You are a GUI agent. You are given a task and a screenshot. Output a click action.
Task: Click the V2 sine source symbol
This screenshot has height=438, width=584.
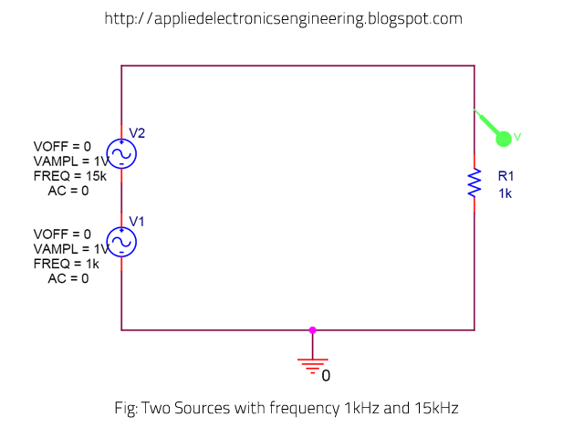[x=121, y=153]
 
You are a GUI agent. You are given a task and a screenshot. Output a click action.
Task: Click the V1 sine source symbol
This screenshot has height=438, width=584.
[x=121, y=242]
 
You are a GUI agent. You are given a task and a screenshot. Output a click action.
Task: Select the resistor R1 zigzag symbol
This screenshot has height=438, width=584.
[x=474, y=182]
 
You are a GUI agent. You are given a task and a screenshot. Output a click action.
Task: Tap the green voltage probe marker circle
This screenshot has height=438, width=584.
[x=503, y=138]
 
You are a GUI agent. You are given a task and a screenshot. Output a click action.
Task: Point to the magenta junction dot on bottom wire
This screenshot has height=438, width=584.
[x=312, y=329]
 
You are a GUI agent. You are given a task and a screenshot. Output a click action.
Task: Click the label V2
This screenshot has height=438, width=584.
[x=137, y=133]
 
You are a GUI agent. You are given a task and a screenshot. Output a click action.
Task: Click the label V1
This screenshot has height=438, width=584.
[x=137, y=222]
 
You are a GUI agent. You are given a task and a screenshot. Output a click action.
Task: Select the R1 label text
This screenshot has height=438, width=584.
[x=506, y=176]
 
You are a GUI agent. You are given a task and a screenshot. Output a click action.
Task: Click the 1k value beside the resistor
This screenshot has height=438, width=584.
[x=506, y=193]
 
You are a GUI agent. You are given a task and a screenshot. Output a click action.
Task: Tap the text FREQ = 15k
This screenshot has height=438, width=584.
[x=68, y=175]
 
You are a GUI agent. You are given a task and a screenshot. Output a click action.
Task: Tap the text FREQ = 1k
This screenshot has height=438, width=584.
[x=65, y=264]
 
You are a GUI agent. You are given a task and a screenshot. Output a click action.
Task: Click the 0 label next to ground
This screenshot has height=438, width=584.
[x=326, y=376]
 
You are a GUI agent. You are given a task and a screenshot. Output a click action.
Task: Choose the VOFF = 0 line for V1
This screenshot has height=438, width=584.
[x=62, y=235]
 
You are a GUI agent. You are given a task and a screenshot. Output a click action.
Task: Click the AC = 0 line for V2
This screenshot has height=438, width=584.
[x=68, y=191]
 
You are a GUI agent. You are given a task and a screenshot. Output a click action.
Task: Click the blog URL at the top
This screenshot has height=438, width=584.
[x=283, y=18]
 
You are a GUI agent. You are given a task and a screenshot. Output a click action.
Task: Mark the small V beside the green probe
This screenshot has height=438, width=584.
[x=517, y=137]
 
